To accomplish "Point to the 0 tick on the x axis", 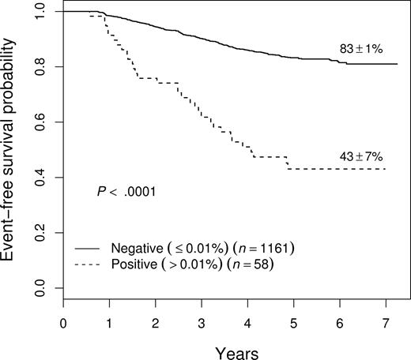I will point(63,321).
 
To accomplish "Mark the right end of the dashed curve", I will point(386,169).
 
